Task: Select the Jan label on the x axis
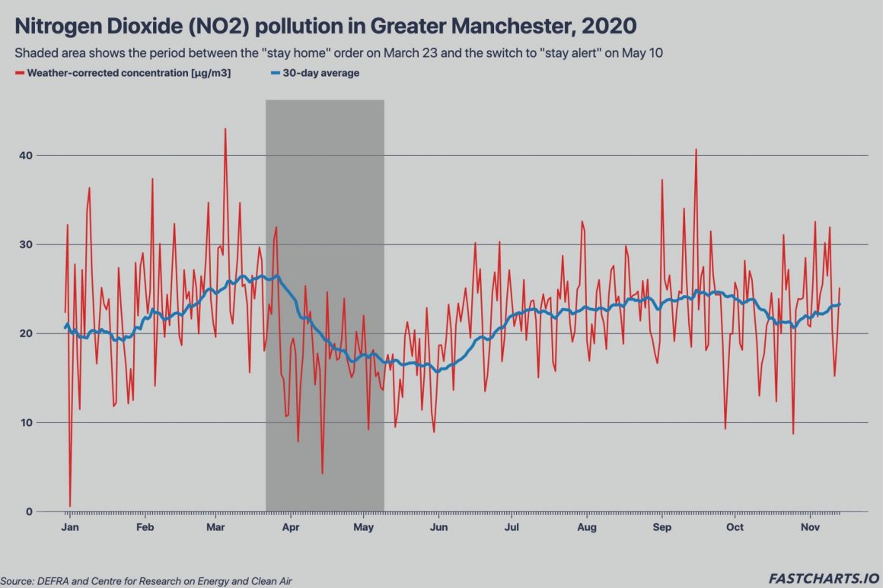click(69, 527)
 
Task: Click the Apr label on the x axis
click(290, 527)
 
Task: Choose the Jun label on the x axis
click(438, 527)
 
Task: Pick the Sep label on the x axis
click(662, 527)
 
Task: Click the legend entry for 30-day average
click(315, 74)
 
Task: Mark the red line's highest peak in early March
click(225, 129)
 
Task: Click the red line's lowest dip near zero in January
click(70, 506)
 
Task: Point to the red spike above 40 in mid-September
click(696, 150)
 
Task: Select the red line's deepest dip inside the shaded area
click(323, 473)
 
